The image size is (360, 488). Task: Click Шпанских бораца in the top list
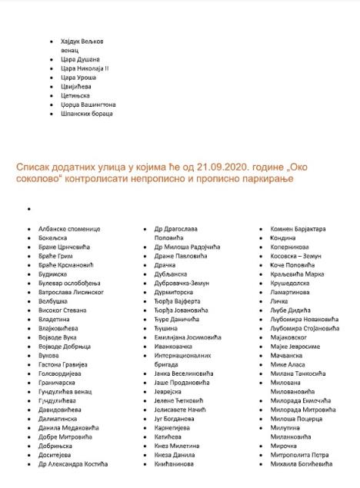86,114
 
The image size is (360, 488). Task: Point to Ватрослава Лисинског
72,292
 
